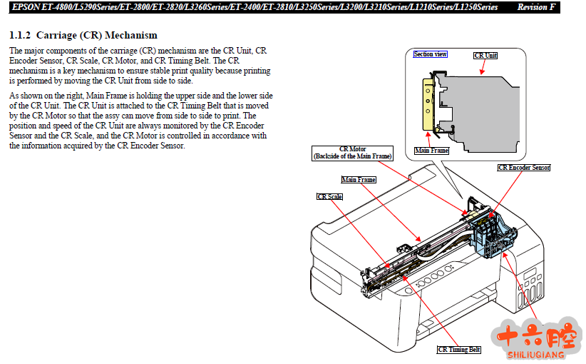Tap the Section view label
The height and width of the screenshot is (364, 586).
coord(431,54)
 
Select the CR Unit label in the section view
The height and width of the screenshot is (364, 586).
coord(485,55)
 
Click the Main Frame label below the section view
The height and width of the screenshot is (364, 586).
coord(431,151)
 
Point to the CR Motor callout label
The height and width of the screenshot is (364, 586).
coord(352,152)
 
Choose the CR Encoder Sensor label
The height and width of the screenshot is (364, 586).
coord(524,168)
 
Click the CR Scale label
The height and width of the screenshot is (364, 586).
coord(330,196)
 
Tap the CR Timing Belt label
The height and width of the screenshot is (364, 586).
coord(459,349)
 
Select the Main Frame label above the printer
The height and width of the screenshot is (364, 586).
coord(359,180)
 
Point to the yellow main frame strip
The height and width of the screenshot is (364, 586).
coord(428,103)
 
